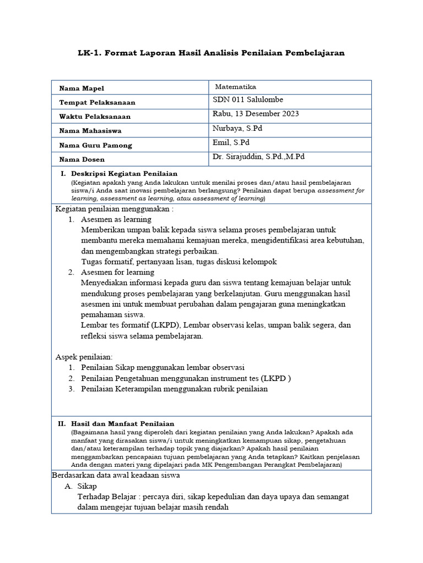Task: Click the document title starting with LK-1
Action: (x=211, y=53)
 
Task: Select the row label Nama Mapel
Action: (x=81, y=89)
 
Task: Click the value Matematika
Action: (x=235, y=87)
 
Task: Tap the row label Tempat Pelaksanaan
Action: (x=97, y=103)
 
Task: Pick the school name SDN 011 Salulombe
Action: (x=248, y=100)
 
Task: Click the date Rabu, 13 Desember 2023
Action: (x=256, y=114)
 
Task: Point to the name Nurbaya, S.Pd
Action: (x=238, y=128)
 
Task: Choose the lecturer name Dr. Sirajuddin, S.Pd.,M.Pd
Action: (x=258, y=157)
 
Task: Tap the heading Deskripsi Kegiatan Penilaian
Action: (x=124, y=174)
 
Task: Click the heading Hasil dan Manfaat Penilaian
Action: (x=124, y=423)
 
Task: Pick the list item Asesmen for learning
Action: (x=117, y=272)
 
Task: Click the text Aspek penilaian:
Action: (x=84, y=357)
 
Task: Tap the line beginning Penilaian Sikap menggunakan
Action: (x=162, y=367)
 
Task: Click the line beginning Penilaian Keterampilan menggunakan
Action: (x=174, y=389)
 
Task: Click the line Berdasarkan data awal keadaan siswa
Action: (x=116, y=475)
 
